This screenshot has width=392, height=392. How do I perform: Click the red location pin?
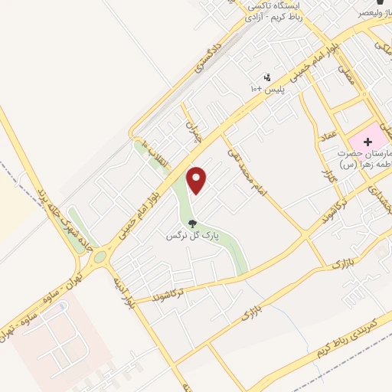coord(198,180)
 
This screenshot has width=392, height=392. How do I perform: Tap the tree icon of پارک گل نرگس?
coord(192,224)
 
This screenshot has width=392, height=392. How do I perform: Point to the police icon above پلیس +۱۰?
coord(266,77)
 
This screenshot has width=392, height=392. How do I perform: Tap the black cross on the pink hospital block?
coord(367,142)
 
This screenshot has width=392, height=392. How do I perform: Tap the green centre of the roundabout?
coord(102,260)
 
